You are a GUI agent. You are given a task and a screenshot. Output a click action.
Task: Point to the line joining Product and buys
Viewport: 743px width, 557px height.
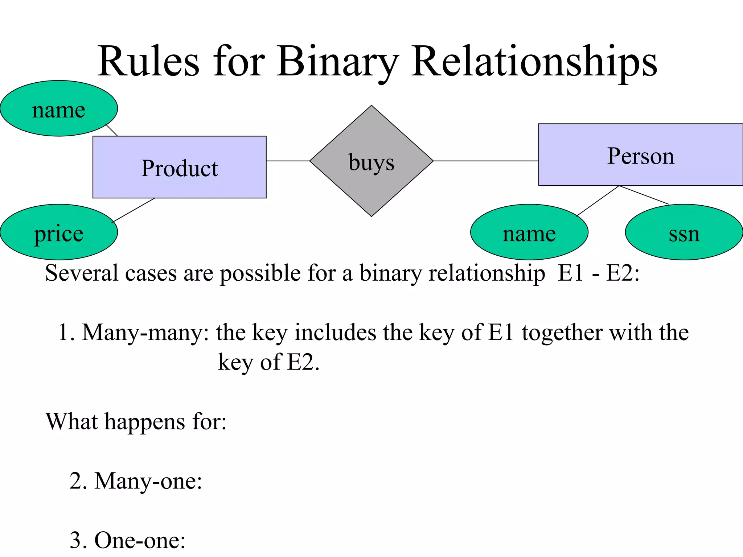(x=288, y=161)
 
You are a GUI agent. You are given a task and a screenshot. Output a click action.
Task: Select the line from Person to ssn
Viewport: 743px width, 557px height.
(x=644, y=195)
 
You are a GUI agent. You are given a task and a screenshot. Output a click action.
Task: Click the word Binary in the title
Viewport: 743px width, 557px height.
(x=337, y=62)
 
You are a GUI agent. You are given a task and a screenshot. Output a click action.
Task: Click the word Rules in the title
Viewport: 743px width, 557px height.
(x=149, y=62)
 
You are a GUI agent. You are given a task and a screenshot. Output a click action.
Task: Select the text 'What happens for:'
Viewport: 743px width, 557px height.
(x=136, y=421)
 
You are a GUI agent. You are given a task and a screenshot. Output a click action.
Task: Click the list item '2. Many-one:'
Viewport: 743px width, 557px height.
(x=136, y=481)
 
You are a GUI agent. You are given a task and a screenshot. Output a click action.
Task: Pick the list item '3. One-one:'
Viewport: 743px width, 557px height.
(x=127, y=540)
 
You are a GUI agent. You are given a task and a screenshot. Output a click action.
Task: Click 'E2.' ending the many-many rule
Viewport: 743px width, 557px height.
(x=303, y=362)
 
